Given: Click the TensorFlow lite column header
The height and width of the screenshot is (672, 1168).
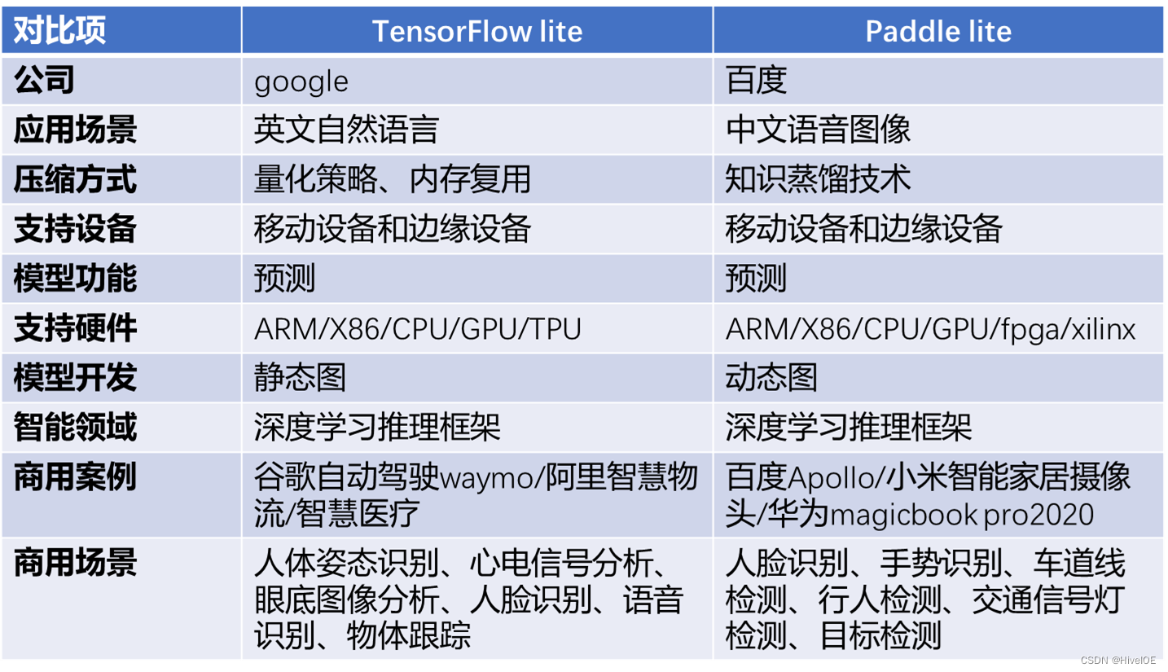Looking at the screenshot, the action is tap(477, 31).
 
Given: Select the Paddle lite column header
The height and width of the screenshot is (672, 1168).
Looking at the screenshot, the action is tap(938, 31).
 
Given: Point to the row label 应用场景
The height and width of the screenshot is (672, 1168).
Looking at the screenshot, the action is tap(75, 130).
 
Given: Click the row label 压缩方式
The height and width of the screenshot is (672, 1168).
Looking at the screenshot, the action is tap(75, 179).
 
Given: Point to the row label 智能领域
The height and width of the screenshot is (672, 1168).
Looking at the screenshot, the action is tap(75, 427).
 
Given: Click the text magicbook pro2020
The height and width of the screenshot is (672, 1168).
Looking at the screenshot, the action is tap(961, 515).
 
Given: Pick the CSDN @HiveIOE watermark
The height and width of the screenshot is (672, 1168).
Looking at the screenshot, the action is tap(1118, 660).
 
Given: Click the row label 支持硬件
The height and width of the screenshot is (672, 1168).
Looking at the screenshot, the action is tap(75, 328).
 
